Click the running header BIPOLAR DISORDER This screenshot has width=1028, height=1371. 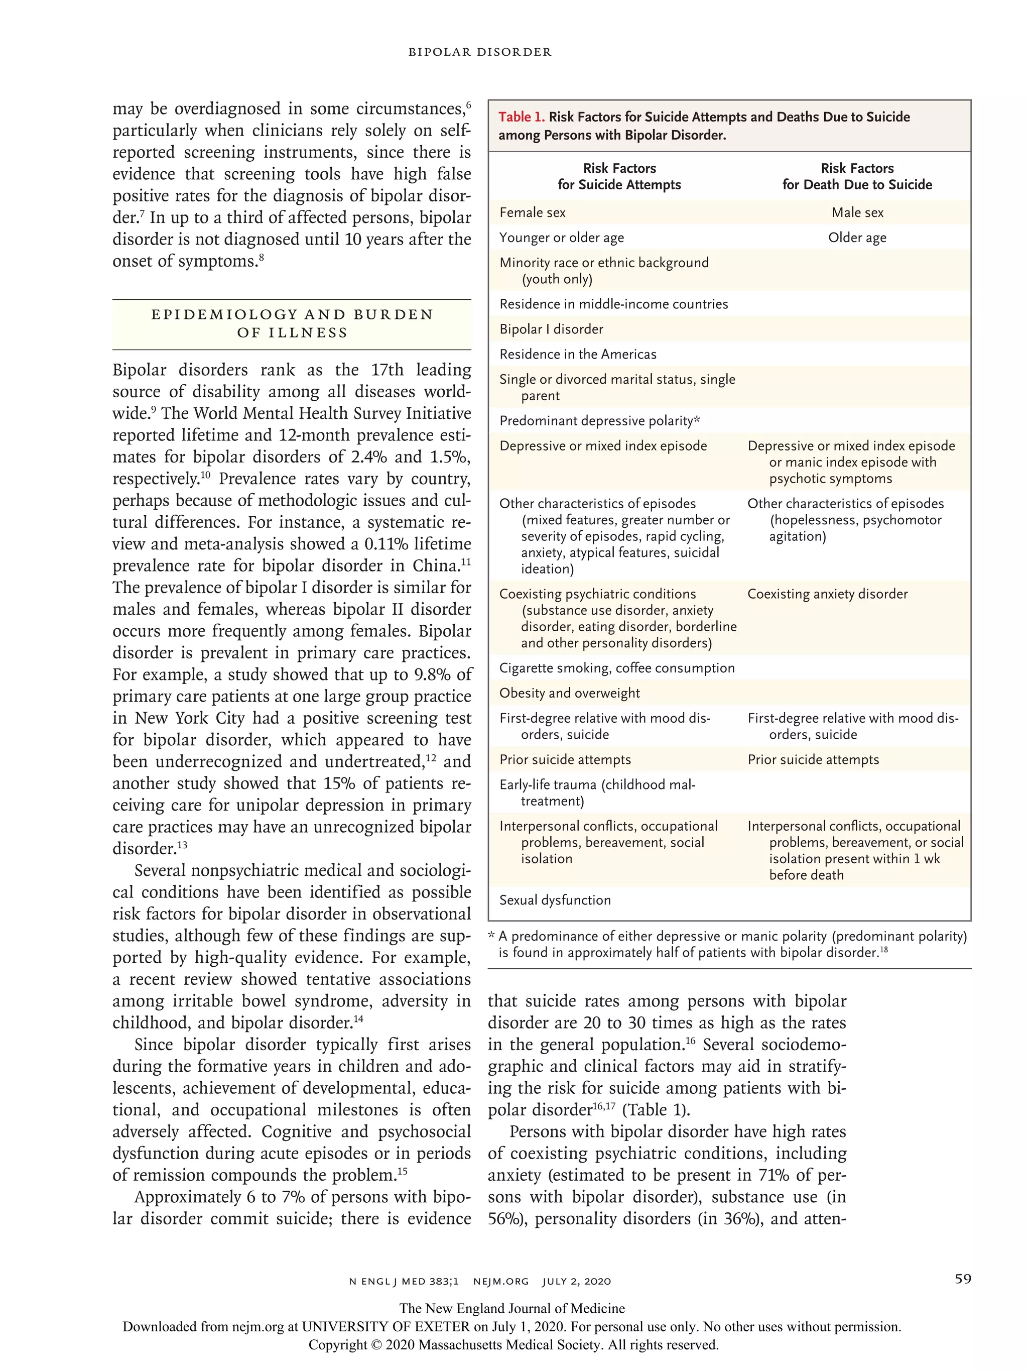479,52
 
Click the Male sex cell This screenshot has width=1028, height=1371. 857,212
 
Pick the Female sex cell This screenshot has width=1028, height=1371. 532,212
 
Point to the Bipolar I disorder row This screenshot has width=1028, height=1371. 551,329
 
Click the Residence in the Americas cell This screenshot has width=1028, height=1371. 578,355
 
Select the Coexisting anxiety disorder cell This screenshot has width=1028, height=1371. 827,594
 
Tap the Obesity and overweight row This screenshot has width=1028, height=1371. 569,693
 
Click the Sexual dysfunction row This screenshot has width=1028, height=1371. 555,900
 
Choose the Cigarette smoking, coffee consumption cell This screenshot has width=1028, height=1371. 616,668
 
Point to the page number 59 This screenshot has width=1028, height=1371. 962,1279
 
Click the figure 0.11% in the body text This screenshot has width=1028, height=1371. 383,544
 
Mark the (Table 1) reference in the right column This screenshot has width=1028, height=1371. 655,1109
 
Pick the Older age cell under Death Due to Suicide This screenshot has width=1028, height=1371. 857,238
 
